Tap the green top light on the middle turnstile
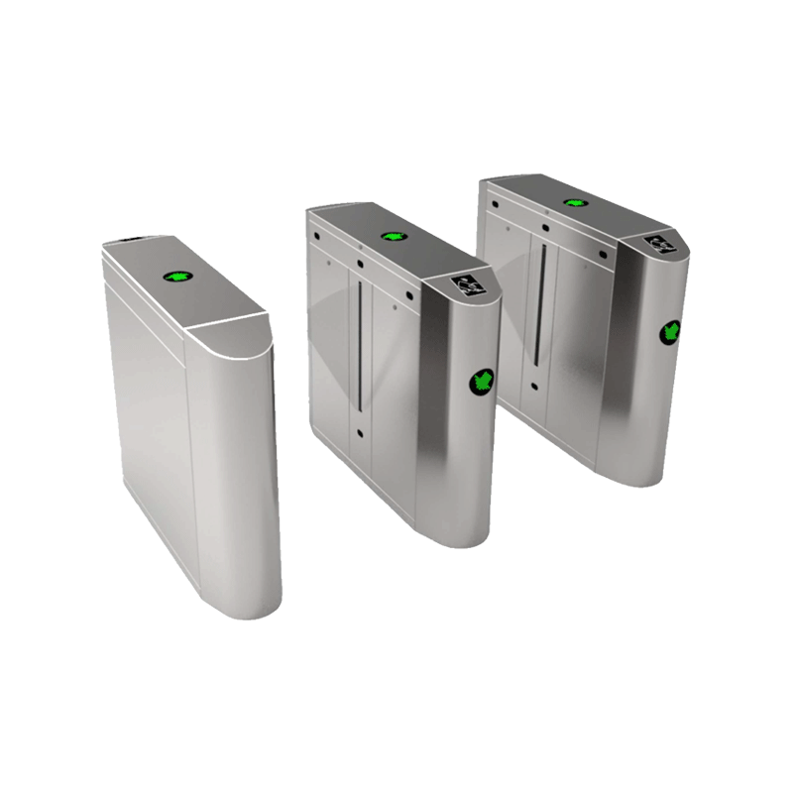pos(392,237)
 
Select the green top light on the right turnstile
pos(573,202)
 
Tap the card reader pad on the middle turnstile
pos(464,284)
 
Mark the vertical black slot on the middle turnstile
pos(356,347)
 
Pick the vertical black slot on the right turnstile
pos(540,302)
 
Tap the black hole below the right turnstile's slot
pos(535,386)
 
